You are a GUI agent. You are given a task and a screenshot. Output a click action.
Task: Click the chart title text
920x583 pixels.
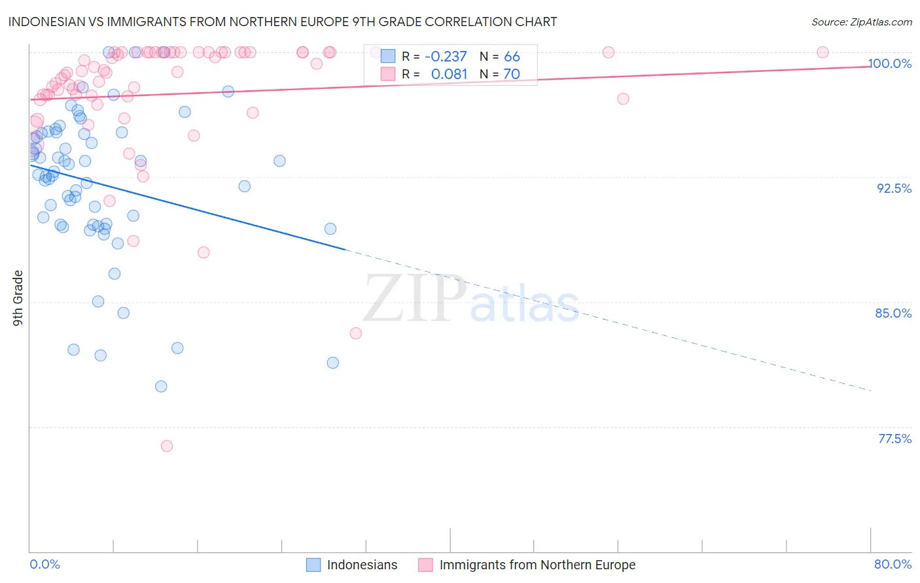pyautogui.click(x=282, y=22)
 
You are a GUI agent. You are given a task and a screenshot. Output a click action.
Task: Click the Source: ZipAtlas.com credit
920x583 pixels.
pyautogui.click(x=861, y=22)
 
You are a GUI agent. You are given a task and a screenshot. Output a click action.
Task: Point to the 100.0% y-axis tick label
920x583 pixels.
pyautogui.click(x=889, y=63)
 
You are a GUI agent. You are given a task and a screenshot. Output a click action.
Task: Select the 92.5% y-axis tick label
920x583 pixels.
pyautogui.click(x=894, y=188)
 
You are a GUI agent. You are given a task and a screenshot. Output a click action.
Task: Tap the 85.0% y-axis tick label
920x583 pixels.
pyautogui.click(x=893, y=313)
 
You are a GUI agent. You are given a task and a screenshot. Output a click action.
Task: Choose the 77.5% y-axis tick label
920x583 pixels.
pyautogui.click(x=894, y=439)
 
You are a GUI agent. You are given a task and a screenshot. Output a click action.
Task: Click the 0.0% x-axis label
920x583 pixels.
pyautogui.click(x=44, y=564)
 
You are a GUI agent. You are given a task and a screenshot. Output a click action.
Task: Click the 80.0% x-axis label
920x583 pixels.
pyautogui.click(x=893, y=564)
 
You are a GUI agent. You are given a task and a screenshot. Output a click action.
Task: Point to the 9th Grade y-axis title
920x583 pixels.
pyautogui.click(x=18, y=298)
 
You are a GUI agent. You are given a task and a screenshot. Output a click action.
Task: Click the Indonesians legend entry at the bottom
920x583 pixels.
pyautogui.click(x=362, y=565)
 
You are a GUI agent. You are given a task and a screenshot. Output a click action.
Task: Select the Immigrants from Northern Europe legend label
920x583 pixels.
pyautogui.click(x=537, y=565)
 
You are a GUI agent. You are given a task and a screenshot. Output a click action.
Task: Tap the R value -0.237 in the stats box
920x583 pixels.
pyautogui.click(x=446, y=57)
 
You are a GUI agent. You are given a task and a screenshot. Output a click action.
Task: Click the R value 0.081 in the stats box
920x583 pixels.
pyautogui.click(x=449, y=75)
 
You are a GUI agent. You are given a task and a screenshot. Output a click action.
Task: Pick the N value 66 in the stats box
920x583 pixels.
pyautogui.click(x=512, y=57)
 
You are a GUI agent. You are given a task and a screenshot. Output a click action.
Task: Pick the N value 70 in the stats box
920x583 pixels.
pyautogui.click(x=512, y=75)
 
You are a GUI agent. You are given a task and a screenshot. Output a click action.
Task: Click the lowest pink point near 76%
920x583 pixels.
pyautogui.click(x=167, y=446)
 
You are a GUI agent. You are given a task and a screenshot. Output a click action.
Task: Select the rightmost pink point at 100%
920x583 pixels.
pyautogui.click(x=823, y=52)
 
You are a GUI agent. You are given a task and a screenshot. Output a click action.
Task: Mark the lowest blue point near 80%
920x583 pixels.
pyautogui.click(x=161, y=386)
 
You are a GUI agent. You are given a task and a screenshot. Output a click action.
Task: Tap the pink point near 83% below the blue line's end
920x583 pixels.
pyautogui.click(x=356, y=333)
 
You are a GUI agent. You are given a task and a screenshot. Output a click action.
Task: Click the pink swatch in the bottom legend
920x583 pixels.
pyautogui.click(x=425, y=565)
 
